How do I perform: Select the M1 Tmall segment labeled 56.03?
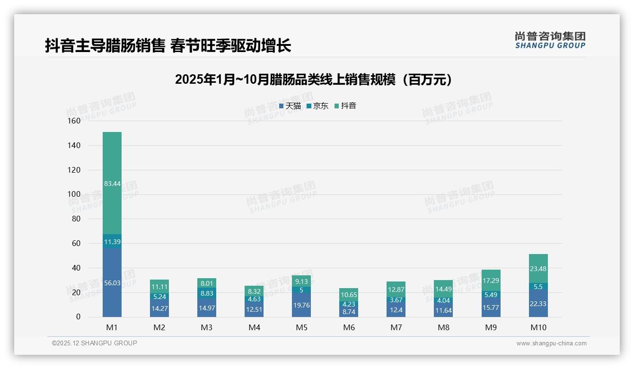[x=112, y=282]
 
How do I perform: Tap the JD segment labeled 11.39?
[x=112, y=241]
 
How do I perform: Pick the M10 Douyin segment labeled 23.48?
[x=538, y=268]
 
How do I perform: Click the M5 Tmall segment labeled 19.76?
[x=301, y=305]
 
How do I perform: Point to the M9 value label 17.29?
[x=491, y=281]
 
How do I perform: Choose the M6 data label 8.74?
[x=349, y=312]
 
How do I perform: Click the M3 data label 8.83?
[x=207, y=293]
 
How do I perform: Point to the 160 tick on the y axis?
[x=74, y=121]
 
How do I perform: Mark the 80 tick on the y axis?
[x=76, y=219]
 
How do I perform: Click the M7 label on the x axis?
[x=396, y=327]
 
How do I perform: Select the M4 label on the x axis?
[x=254, y=327]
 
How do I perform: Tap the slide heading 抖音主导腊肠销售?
[x=168, y=46]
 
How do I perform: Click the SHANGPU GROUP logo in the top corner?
[x=550, y=40]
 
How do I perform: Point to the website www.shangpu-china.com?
[x=551, y=343]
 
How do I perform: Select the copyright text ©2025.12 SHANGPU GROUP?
[x=95, y=343]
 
